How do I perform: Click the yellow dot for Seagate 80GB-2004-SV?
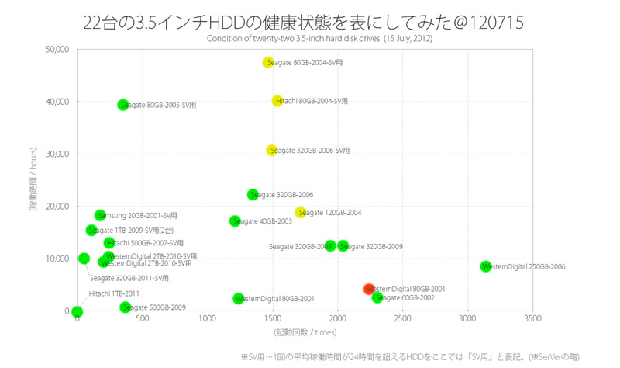(x=268, y=62)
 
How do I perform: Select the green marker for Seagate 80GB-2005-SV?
(x=122, y=105)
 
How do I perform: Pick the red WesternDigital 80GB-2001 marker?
(x=370, y=289)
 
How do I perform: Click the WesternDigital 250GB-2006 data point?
(x=486, y=266)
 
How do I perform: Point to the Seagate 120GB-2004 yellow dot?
(x=301, y=213)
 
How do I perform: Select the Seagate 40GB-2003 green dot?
(x=235, y=221)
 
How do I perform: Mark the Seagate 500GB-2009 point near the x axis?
(x=125, y=307)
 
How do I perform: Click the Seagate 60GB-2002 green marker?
(x=377, y=297)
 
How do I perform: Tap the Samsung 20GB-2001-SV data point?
(x=100, y=215)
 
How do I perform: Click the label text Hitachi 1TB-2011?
(x=114, y=293)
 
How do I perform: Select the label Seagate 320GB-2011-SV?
(x=129, y=278)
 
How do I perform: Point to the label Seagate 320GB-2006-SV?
(x=309, y=151)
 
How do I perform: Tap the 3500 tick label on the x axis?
(x=532, y=319)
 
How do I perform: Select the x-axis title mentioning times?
(x=305, y=332)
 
